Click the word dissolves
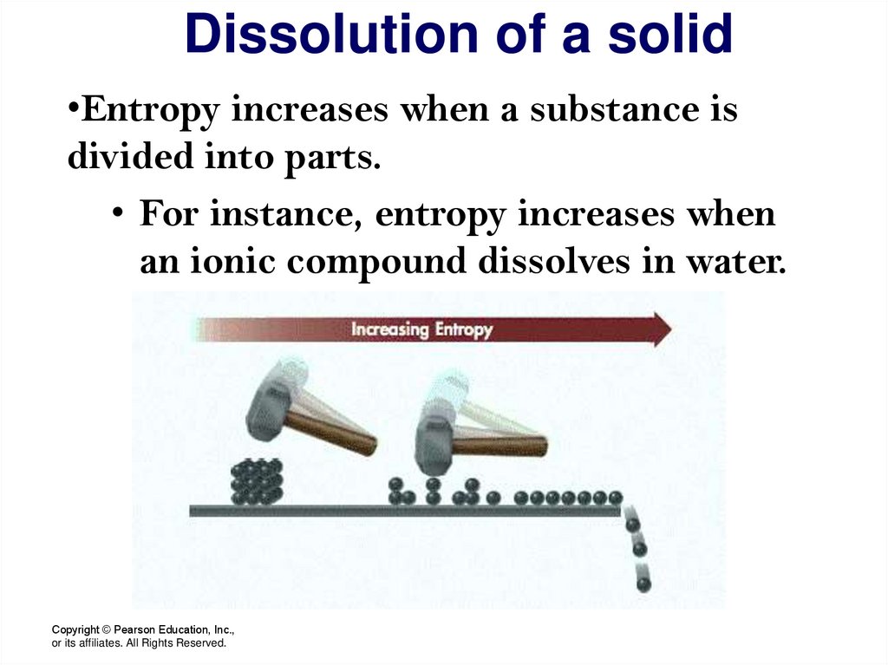[x=556, y=262]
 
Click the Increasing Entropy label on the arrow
[x=421, y=330]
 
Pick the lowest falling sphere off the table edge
[x=643, y=584]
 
